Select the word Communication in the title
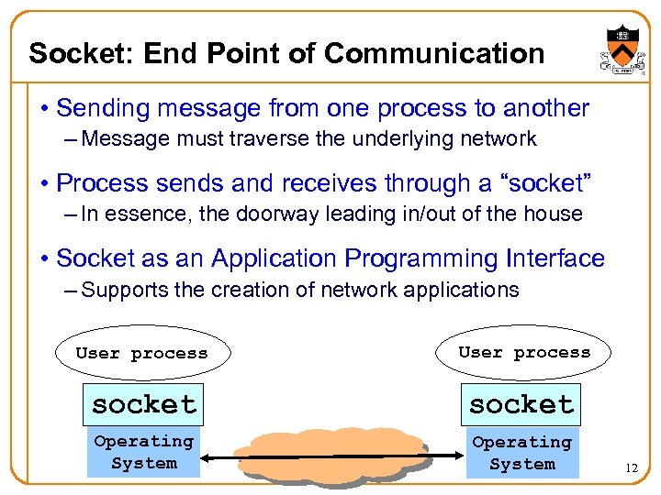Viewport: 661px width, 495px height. pos(436,53)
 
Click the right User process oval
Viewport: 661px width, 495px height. pos(524,353)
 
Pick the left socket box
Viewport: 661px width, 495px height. pos(143,404)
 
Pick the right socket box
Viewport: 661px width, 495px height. pos(521,404)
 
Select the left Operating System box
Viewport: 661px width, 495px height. pos(143,453)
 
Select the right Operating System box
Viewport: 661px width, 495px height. pos(521,453)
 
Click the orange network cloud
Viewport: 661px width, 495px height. pos(330,453)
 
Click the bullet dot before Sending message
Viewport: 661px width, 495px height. pos(43,108)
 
